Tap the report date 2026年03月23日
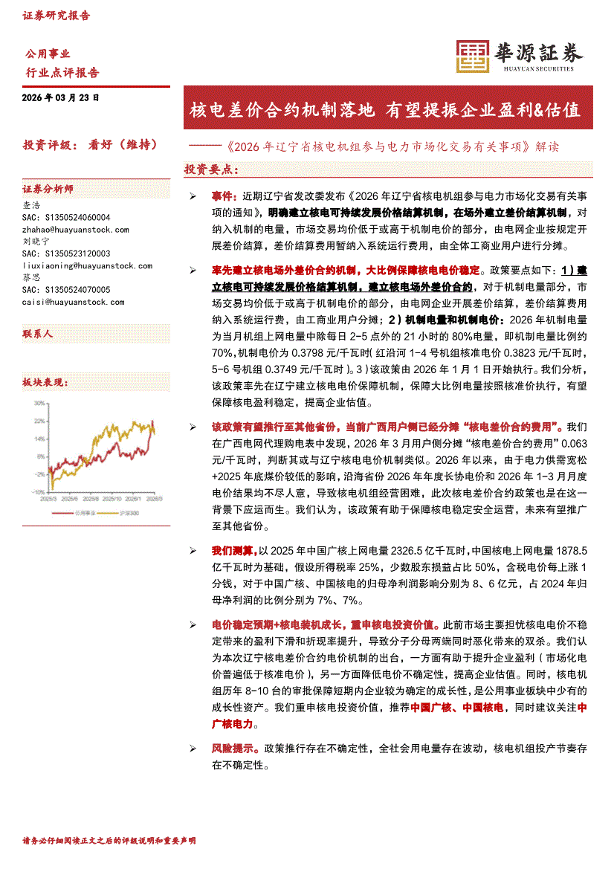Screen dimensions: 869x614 pos(60,97)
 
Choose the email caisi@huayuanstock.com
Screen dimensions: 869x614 pos(74,302)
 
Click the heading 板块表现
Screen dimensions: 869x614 pos(45,383)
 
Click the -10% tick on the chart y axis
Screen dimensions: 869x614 pos(38,492)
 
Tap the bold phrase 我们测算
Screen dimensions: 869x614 pos(233,551)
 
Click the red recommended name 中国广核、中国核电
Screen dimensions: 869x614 pos(457,708)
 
